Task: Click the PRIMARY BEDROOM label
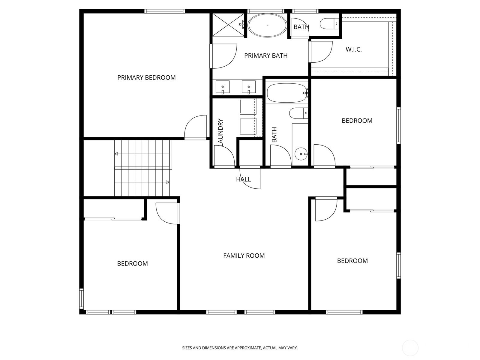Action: [x=146, y=78]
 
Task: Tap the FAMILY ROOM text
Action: [x=244, y=256]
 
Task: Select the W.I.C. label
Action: [x=354, y=49]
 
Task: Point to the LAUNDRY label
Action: [x=220, y=132]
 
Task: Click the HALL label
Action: [x=243, y=179]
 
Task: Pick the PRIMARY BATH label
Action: [x=266, y=56]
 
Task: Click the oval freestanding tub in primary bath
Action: [x=267, y=25]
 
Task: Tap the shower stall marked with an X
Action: [x=228, y=25]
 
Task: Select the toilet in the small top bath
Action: [x=329, y=24]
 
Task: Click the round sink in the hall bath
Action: [x=301, y=154]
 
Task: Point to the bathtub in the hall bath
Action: [x=287, y=93]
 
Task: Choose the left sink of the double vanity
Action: [x=223, y=87]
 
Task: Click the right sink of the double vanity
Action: [x=249, y=87]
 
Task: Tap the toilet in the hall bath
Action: [x=299, y=113]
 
